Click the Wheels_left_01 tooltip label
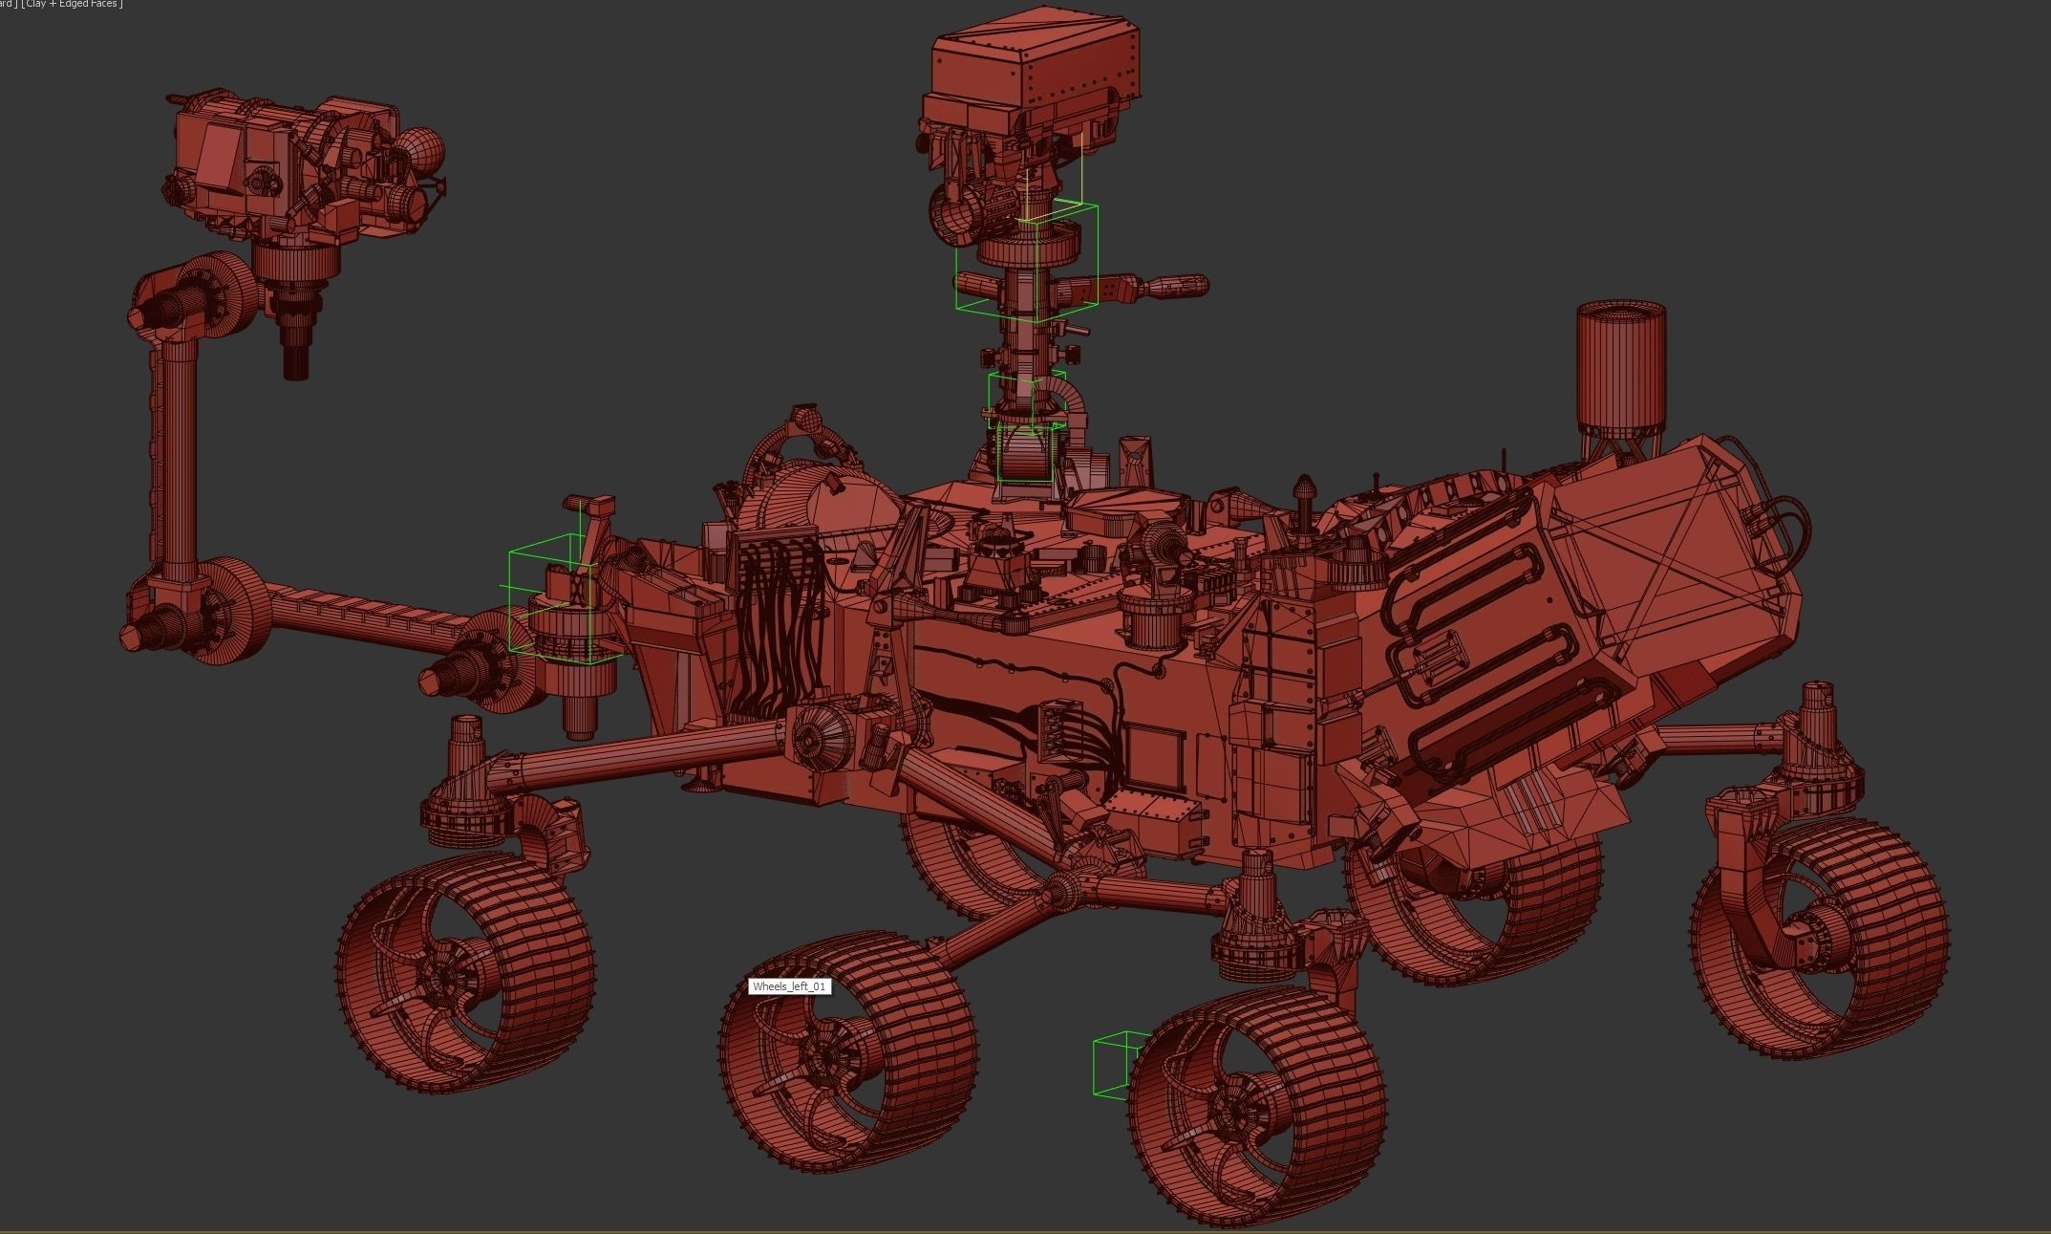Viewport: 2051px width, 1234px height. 789,986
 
